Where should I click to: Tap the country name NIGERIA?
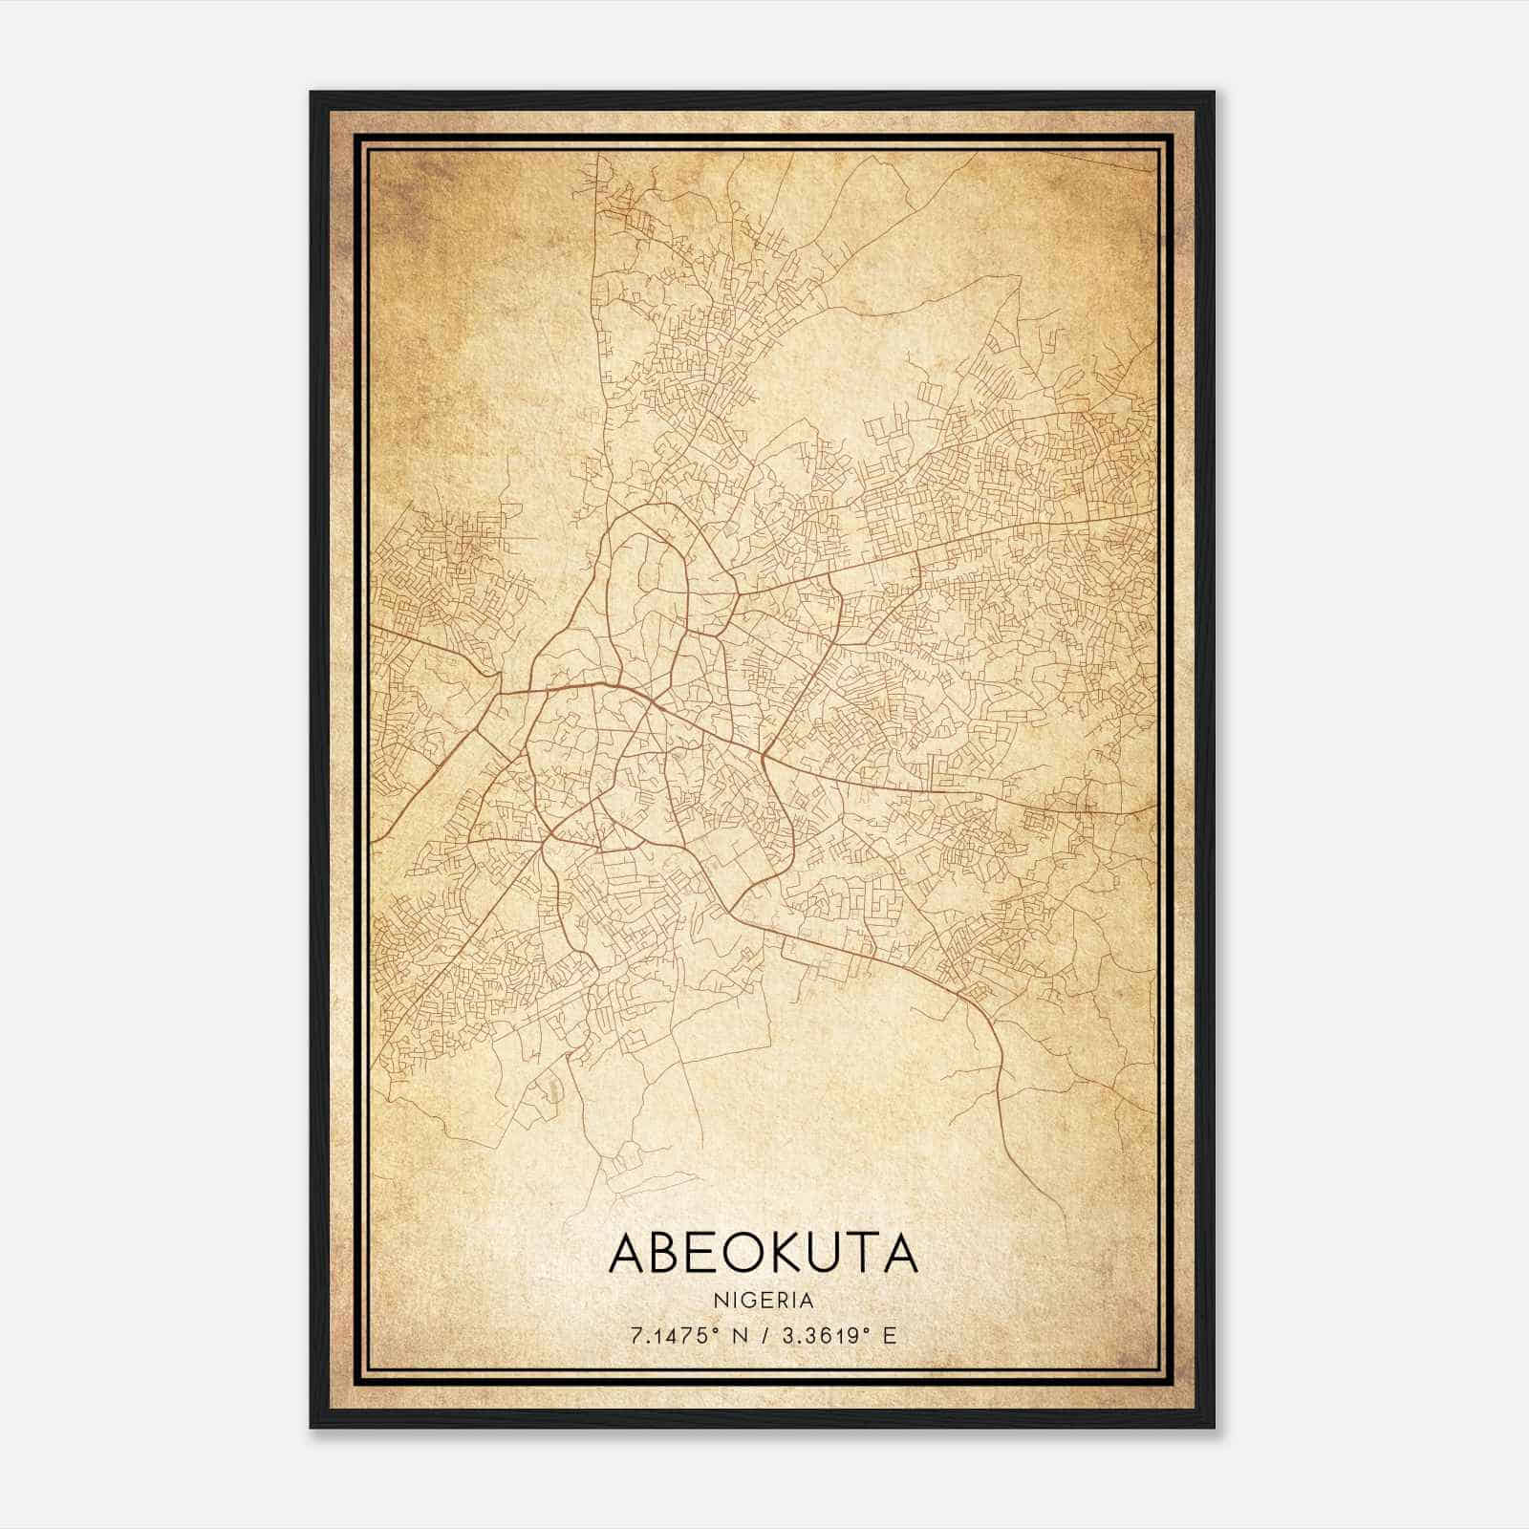pos(763,1301)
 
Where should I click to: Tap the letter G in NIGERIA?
pos(751,1301)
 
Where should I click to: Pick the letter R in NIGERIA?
pos(783,1301)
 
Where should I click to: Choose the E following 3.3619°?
pos(890,1336)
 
